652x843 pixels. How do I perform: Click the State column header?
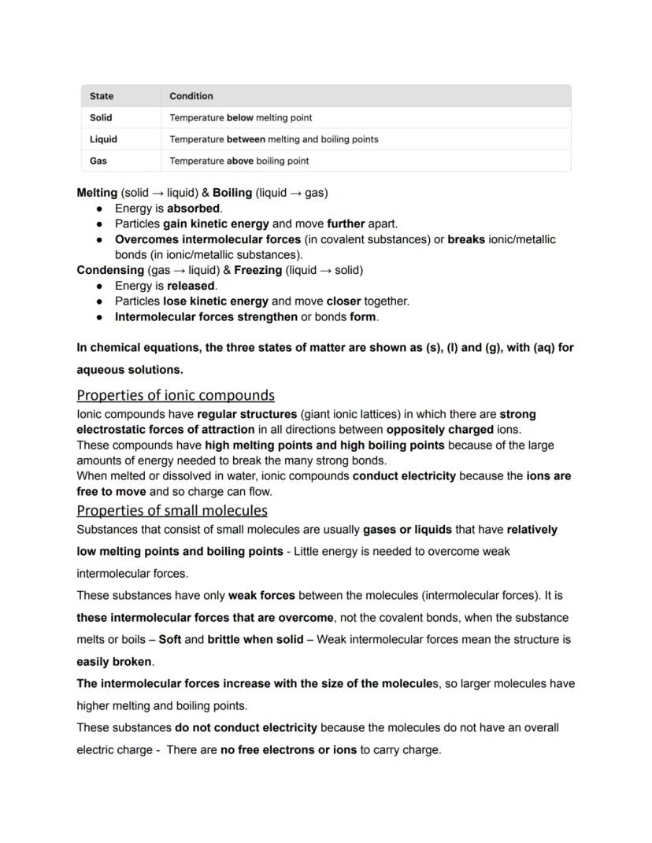[102, 96]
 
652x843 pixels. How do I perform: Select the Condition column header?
[191, 96]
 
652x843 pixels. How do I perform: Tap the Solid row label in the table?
[101, 117]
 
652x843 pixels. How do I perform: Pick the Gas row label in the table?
[98, 161]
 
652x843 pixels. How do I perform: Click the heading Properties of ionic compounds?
[176, 395]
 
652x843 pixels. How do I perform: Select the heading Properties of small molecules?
[172, 510]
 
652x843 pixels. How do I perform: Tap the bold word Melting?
[97, 193]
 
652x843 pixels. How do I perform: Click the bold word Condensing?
[110, 270]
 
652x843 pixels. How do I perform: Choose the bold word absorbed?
[194, 209]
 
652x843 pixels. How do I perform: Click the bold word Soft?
[170, 640]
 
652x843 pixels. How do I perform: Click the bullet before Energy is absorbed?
[99, 209]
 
